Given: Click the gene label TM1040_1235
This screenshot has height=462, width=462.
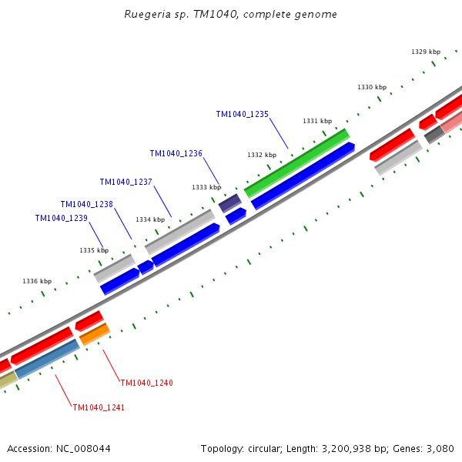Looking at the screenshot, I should [x=242, y=114].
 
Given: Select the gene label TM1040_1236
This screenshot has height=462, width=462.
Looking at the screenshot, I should [x=176, y=153].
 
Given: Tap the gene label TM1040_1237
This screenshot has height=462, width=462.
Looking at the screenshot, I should [x=126, y=182].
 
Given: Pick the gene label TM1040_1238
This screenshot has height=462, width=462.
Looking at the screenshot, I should [x=86, y=204].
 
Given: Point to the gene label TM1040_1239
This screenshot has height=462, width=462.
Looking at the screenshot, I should [x=61, y=218].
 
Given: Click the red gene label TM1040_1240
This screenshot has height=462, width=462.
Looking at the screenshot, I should [x=146, y=383].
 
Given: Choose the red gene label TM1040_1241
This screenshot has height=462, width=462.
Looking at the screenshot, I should [x=99, y=407].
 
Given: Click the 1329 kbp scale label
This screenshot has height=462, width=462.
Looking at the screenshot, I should [x=425, y=52].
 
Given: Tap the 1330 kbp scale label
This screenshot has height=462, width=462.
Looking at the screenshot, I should [x=371, y=87].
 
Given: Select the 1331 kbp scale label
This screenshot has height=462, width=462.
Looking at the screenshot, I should [x=316, y=121].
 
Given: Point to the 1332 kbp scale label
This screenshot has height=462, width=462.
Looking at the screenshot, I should [x=261, y=155].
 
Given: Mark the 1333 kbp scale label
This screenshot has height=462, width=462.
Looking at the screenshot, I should [x=206, y=187].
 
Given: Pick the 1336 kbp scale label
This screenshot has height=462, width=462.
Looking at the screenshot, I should [x=37, y=281].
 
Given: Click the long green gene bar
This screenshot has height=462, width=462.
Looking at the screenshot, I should [x=297, y=162].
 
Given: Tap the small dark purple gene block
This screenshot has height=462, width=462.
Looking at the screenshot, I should [x=230, y=203].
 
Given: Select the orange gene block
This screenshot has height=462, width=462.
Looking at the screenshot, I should [x=95, y=334].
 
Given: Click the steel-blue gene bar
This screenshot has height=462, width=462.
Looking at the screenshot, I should [x=47, y=359].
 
